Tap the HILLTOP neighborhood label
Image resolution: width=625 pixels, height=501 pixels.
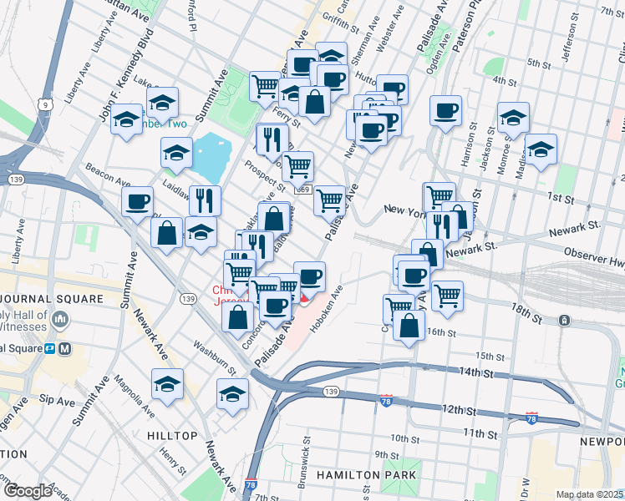point(171,436)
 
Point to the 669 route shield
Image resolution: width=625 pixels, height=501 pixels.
point(304,190)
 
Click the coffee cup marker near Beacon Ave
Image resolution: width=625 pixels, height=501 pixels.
point(137,200)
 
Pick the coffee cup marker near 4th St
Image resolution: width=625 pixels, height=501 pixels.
point(446,110)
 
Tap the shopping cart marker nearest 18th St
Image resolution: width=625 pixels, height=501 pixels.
point(448,295)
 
